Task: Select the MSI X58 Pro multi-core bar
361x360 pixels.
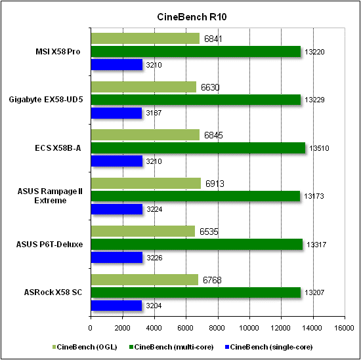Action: [196, 51]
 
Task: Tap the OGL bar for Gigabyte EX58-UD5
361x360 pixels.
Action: [143, 87]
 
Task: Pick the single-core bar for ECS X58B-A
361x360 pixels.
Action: [116, 161]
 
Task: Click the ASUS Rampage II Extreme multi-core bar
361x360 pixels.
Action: [195, 196]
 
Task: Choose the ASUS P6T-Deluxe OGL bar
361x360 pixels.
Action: [142, 231]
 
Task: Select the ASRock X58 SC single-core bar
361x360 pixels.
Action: [116, 306]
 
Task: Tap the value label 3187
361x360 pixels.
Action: [152, 113]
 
